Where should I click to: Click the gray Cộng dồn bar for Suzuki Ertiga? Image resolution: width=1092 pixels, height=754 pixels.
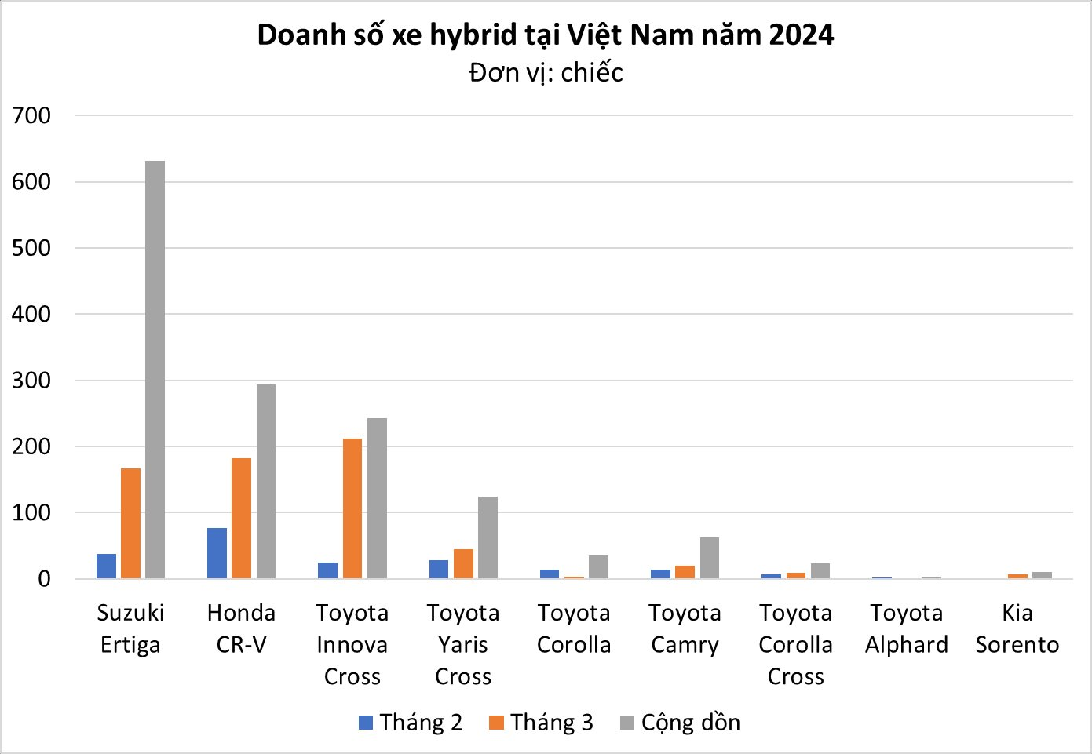[155, 370]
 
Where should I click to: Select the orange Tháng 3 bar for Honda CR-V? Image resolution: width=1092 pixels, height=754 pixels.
[241, 518]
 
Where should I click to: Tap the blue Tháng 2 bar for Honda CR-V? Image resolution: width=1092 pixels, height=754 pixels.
[217, 553]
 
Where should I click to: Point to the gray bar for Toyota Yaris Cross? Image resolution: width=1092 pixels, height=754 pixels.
[488, 537]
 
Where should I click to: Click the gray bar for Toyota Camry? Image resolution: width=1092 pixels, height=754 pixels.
[710, 558]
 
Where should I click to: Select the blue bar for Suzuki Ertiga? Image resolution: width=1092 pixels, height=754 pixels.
[106, 566]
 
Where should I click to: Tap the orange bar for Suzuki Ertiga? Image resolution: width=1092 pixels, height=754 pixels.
[130, 523]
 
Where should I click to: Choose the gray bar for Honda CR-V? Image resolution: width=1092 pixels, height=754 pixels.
[266, 481]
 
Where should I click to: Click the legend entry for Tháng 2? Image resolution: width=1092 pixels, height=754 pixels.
[411, 723]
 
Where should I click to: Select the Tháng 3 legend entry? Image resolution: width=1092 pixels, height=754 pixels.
[541, 723]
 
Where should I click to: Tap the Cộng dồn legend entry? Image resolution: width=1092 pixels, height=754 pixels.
[680, 723]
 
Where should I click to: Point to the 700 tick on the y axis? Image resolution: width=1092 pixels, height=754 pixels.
[32, 115]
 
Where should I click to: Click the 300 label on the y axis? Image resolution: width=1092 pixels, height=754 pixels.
[32, 381]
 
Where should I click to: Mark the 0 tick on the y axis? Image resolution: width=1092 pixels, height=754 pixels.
[43, 579]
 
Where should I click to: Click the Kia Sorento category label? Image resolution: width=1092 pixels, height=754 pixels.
[1017, 628]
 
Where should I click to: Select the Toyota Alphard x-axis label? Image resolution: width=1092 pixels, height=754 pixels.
[907, 628]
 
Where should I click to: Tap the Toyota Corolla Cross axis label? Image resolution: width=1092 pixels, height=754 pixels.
[795, 644]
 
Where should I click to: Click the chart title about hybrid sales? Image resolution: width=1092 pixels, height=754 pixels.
[546, 35]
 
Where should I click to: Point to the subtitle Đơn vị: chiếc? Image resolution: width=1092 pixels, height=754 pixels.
[546, 73]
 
